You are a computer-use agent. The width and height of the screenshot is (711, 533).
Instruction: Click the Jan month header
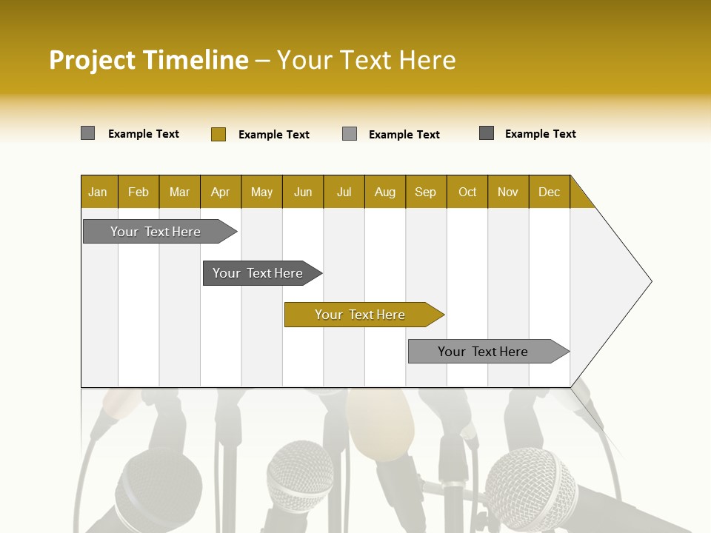click(99, 192)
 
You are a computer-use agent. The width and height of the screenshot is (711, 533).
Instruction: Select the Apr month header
click(220, 192)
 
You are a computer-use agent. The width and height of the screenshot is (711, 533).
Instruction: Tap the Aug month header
click(384, 192)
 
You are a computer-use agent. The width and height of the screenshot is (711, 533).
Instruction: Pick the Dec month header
click(549, 192)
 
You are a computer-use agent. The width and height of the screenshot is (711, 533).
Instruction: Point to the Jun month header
click(302, 192)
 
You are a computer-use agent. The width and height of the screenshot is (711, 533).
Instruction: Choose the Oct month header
click(467, 192)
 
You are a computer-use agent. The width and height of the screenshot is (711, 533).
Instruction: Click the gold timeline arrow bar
click(363, 315)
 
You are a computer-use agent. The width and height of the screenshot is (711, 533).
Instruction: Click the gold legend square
click(218, 134)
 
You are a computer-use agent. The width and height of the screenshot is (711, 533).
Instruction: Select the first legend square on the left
click(87, 133)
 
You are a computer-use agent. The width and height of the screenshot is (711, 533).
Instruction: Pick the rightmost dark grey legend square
click(487, 133)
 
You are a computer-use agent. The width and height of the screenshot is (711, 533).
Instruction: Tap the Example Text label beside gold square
click(273, 135)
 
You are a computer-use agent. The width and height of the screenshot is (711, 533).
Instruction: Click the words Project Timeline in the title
click(148, 60)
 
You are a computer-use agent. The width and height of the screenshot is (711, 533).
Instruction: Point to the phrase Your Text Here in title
click(366, 60)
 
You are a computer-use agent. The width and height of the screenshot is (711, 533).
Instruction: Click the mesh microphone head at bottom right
click(530, 489)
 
